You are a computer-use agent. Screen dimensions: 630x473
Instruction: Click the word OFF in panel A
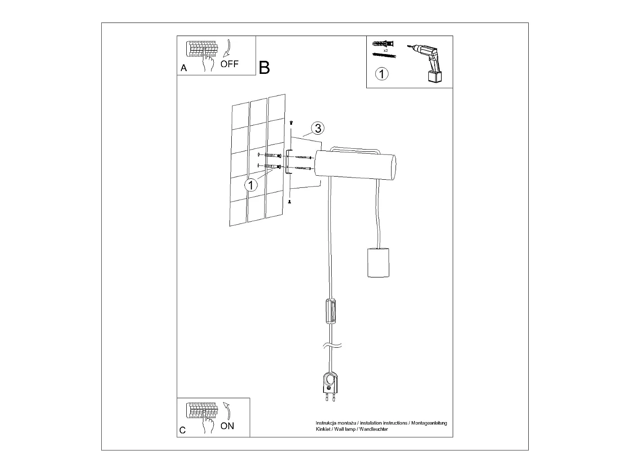(229, 64)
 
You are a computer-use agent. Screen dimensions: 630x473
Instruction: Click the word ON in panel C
(227, 426)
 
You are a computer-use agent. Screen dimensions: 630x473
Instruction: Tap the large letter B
(265, 68)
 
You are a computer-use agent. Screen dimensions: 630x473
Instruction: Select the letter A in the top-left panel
(183, 68)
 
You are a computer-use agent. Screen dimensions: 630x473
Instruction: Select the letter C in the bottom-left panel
(182, 430)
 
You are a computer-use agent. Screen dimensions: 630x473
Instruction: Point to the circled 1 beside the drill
(382, 73)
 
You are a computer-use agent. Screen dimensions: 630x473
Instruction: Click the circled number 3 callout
(317, 128)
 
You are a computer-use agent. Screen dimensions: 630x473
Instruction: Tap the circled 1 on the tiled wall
(251, 184)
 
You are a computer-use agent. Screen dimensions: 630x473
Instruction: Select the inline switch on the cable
(331, 311)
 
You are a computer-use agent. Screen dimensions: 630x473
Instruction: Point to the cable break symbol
(332, 346)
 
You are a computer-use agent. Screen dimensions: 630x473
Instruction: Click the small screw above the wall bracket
(291, 123)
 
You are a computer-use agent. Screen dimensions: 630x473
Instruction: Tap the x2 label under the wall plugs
(386, 50)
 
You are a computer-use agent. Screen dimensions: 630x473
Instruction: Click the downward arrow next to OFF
(229, 47)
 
